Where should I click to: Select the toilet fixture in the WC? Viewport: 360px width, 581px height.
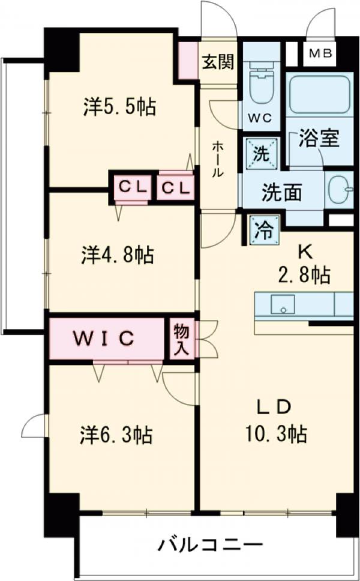click(x=260, y=81)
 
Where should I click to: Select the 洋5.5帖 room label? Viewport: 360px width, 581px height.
click(x=120, y=107)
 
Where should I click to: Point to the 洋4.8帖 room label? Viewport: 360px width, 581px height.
click(x=118, y=255)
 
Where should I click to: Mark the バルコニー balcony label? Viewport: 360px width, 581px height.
click(x=211, y=546)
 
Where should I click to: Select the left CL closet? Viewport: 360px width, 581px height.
click(x=132, y=187)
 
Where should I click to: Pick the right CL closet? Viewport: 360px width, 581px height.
click(x=176, y=187)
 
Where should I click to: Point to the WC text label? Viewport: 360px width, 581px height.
click(x=260, y=118)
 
